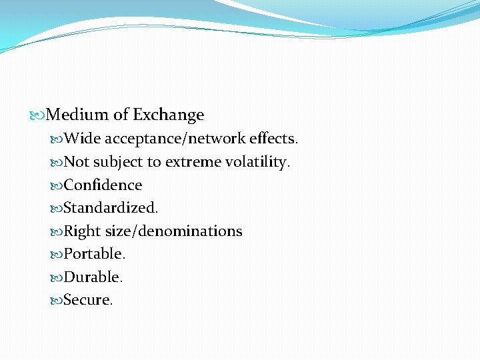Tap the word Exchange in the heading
click(x=168, y=115)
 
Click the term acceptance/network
click(x=175, y=139)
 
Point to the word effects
click(x=274, y=139)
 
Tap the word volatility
click(x=257, y=162)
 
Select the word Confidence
click(x=103, y=185)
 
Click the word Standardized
click(x=111, y=208)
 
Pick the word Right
click(x=82, y=231)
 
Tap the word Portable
click(x=95, y=254)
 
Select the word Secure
click(x=88, y=300)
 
